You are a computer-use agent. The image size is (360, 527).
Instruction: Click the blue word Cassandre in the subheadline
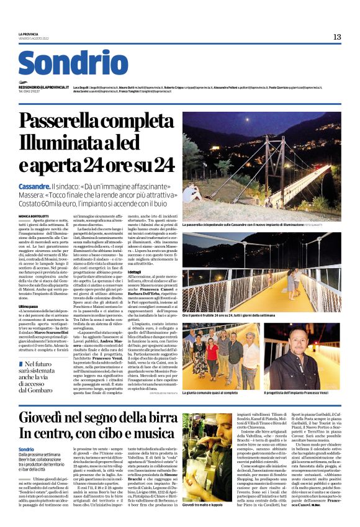(x=34, y=186)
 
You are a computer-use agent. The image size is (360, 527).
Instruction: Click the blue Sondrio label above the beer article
(x=26, y=449)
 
